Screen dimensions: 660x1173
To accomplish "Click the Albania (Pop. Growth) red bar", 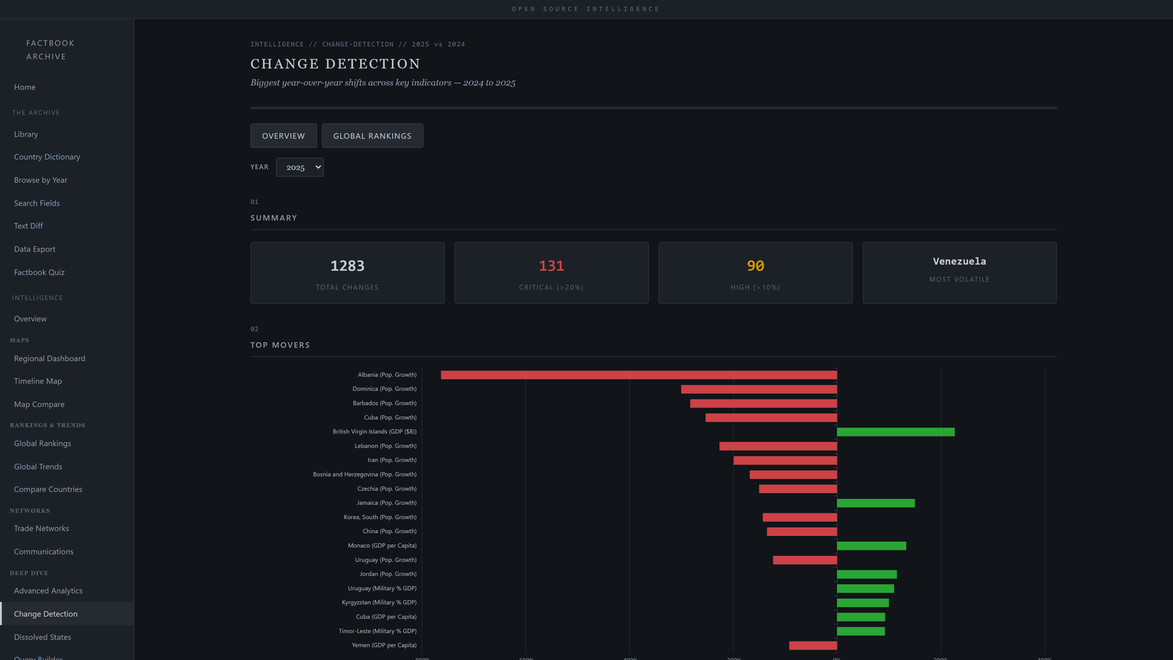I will pos(638,375).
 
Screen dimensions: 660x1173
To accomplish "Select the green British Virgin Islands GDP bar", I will pos(895,432).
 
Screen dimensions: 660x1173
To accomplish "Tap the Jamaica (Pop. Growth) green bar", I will pos(875,503).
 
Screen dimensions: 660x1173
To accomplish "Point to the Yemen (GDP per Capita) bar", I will pos(812,645).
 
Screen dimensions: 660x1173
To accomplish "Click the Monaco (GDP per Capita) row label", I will pos(382,546).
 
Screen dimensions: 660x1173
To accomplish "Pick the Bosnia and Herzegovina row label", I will pos(364,474).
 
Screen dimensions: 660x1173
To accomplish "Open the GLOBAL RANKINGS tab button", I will pos(372,136).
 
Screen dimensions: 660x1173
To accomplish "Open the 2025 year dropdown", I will pos(300,167).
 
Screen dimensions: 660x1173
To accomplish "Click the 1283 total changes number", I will pos(348,265).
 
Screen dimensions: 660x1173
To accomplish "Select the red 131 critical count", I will pos(551,265).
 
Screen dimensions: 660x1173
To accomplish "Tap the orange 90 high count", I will pos(755,265).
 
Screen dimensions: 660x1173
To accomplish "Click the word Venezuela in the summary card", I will pos(959,261).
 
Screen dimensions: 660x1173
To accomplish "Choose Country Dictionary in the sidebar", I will pos(47,157).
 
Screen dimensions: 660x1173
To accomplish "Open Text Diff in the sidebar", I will pos(29,226).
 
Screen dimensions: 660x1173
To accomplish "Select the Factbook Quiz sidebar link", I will pos(40,272).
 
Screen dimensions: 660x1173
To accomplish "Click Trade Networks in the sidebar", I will pos(42,529).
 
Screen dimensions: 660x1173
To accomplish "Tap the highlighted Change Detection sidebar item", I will pos(45,614).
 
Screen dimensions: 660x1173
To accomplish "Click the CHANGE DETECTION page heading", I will pos(335,64).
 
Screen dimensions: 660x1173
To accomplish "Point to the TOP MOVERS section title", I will pos(280,345).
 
